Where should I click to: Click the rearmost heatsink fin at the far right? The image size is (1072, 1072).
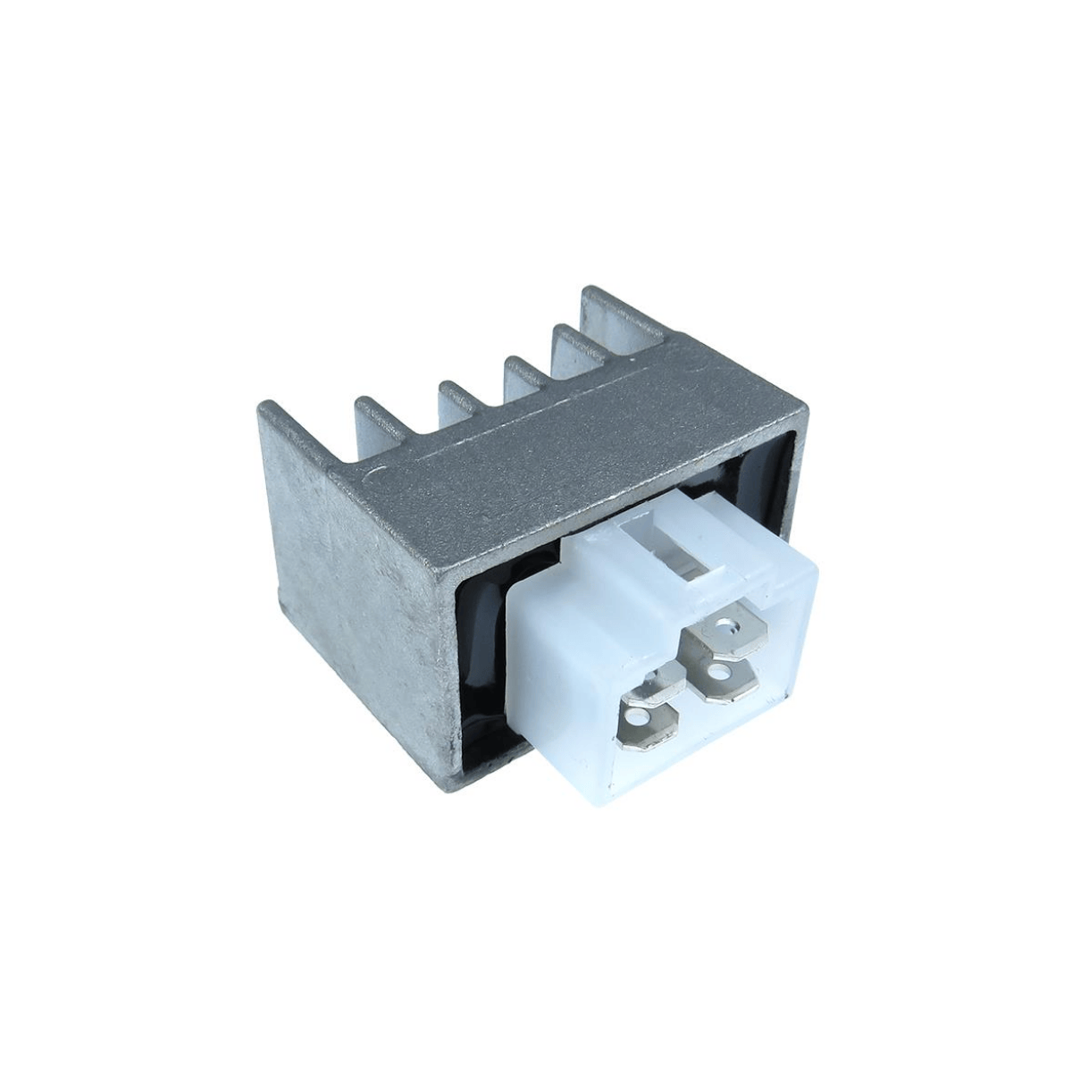[x=616, y=308]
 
